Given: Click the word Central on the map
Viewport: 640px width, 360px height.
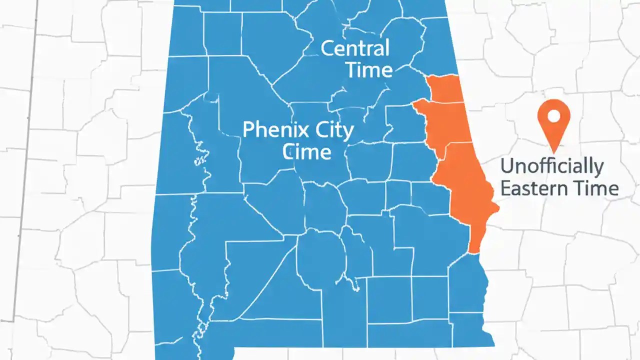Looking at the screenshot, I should (354, 48).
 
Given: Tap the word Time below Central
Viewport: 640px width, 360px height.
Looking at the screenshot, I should (369, 70).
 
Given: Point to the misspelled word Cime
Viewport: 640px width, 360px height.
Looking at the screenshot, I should (306, 151).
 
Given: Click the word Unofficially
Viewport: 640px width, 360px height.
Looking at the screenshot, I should (551, 166).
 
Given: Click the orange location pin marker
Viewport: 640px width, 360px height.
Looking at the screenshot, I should (553, 120).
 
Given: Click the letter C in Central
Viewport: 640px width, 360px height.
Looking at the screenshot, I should (328, 49).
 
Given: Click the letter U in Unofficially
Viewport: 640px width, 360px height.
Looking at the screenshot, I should (507, 165).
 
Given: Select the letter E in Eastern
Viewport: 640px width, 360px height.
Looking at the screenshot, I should (505, 188).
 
